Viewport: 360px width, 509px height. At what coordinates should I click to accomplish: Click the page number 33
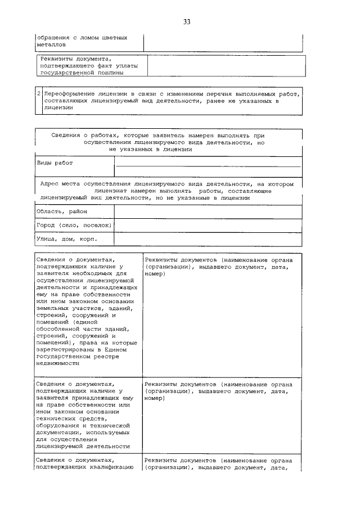(186, 22)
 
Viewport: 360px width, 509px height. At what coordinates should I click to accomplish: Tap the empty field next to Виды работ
(208, 165)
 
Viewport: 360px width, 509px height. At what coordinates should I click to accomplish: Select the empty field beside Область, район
(208, 211)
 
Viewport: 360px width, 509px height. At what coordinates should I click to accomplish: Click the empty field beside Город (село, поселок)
(208, 225)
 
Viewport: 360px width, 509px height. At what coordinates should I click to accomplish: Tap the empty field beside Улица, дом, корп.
(208, 239)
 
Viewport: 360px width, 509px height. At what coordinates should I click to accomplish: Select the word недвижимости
(59, 363)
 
